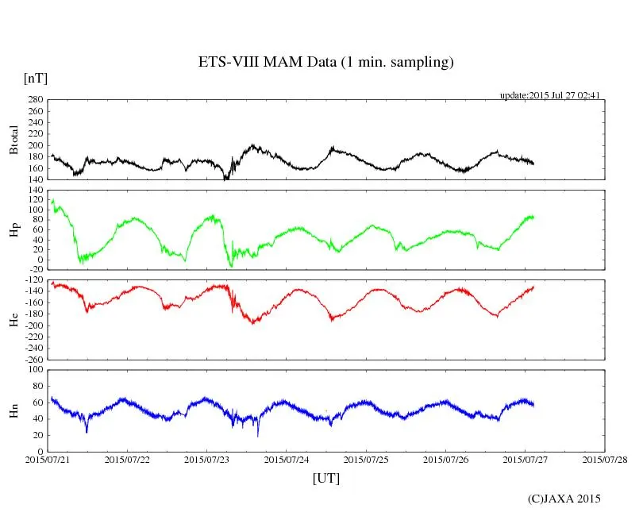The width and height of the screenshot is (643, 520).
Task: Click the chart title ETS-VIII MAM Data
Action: tap(325, 63)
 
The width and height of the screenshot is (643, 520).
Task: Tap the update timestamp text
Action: tap(549, 95)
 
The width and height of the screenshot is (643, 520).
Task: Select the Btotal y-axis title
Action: tap(13, 140)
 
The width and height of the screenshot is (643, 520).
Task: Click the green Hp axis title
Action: tap(13, 231)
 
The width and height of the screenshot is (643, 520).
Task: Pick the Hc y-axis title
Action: tap(13, 320)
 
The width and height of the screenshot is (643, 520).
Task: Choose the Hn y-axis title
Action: tap(13, 410)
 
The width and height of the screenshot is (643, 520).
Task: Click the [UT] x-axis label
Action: tap(325, 478)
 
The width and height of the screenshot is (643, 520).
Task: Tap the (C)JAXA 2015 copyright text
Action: tap(564, 499)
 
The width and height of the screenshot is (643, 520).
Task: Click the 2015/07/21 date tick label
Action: tap(48, 460)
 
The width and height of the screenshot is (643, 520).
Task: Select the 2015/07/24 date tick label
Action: tap(287, 460)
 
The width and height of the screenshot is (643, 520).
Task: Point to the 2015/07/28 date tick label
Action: tap(604, 460)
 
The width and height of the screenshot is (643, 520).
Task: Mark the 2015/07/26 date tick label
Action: tap(445, 460)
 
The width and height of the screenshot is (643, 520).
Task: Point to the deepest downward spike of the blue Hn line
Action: tap(257, 435)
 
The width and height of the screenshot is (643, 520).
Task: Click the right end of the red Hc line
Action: tap(534, 287)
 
